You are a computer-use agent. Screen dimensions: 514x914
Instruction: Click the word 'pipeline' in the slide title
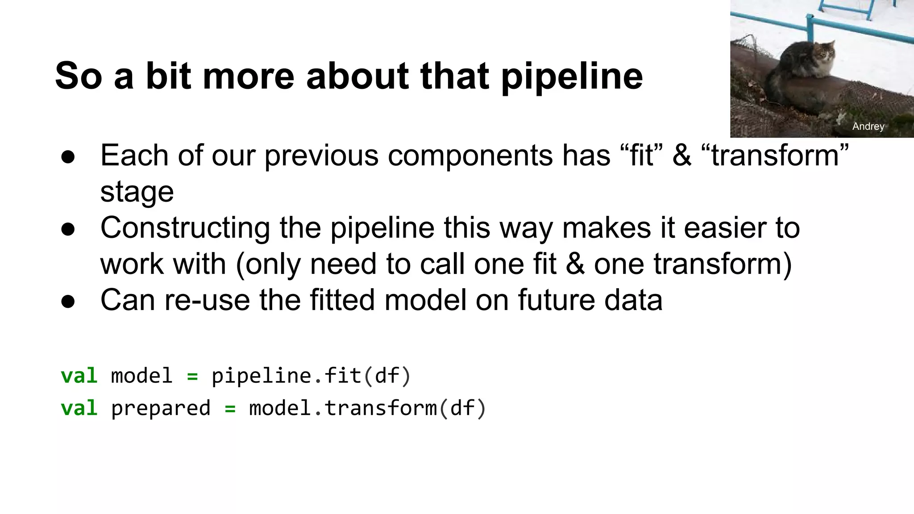[572, 76]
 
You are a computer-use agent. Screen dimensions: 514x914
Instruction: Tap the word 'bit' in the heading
[169, 75]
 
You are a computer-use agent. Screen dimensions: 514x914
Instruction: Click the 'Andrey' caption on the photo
[868, 126]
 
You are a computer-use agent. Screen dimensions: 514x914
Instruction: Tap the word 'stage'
[137, 192]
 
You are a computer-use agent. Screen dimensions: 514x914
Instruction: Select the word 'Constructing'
[185, 228]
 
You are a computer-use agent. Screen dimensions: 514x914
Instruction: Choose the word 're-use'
[207, 300]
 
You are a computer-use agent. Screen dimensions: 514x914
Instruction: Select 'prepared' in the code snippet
[160, 408]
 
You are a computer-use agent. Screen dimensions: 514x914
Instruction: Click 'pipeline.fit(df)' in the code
[311, 376]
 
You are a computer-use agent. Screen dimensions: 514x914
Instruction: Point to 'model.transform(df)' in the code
[367, 408]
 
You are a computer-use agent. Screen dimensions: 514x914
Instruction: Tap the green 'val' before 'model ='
[79, 376]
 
